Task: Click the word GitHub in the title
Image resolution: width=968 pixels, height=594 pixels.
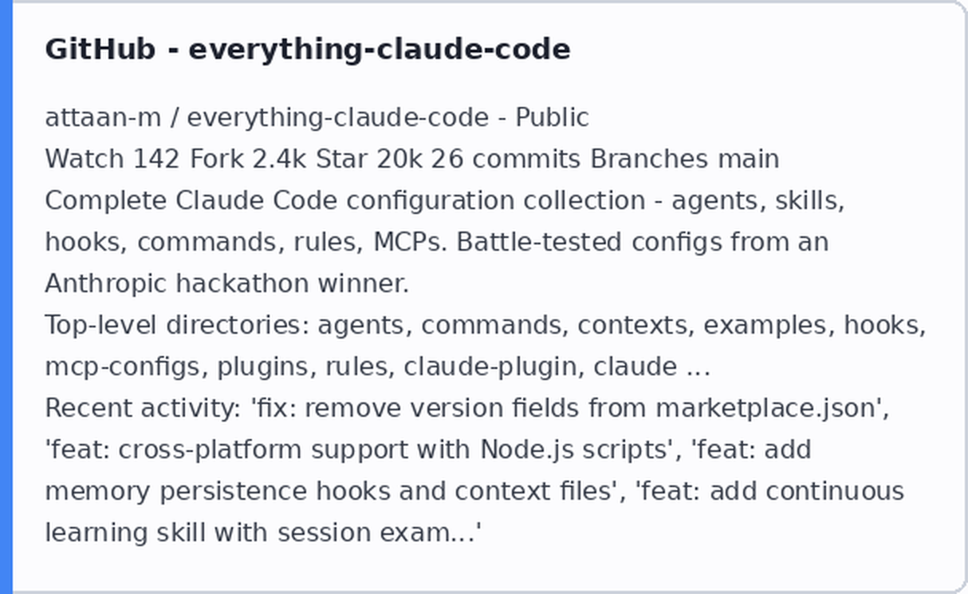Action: click(100, 49)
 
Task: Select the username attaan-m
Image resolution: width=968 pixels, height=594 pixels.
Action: click(103, 117)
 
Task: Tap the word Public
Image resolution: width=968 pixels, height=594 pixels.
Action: click(552, 117)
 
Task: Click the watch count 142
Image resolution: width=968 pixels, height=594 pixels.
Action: click(156, 159)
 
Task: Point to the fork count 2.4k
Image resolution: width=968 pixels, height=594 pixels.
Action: click(279, 159)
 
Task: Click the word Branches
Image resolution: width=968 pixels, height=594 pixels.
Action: click(649, 159)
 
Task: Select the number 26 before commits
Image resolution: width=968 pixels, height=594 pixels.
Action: click(447, 159)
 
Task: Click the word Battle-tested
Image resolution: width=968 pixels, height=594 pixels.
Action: click(539, 242)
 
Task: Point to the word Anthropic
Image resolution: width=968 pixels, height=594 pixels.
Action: click(105, 283)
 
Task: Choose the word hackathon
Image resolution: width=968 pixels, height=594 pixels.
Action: click(242, 283)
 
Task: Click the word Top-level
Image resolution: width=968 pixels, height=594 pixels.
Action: click(100, 325)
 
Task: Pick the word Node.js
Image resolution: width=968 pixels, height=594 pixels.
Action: click(527, 450)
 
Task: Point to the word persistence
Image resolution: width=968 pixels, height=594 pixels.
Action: click(234, 491)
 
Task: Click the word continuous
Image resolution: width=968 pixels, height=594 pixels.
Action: click(835, 491)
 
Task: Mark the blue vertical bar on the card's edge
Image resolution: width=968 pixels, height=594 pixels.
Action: click(6, 297)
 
